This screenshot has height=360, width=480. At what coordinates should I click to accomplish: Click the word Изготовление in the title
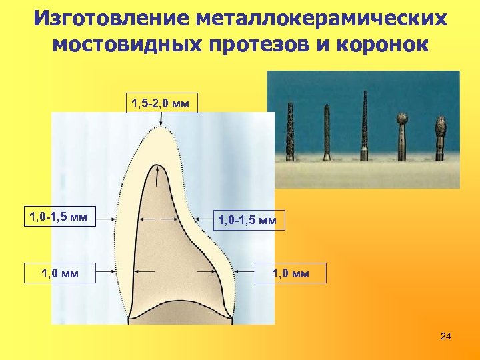click(113, 18)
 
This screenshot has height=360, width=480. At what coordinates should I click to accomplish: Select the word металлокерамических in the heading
click(323, 18)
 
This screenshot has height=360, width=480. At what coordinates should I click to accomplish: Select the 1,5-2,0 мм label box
click(163, 103)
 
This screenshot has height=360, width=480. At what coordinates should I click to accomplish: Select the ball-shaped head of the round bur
click(403, 120)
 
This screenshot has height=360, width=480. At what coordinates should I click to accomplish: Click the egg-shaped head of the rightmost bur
click(440, 127)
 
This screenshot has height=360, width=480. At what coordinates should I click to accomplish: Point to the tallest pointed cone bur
click(364, 123)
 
